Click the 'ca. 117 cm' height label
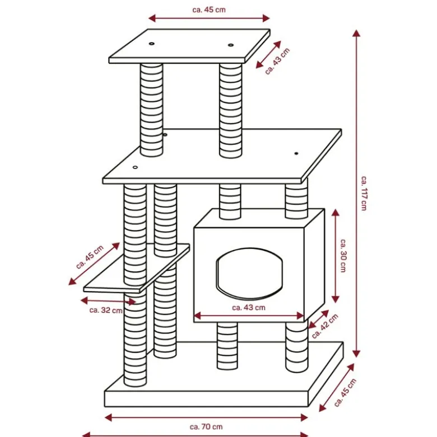click(x=364, y=193)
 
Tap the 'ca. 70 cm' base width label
click(x=206, y=427)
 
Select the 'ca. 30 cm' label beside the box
click(x=343, y=255)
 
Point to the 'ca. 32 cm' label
click(x=106, y=310)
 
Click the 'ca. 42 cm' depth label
click(x=325, y=326)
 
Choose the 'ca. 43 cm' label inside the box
click(x=249, y=307)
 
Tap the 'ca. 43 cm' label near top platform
click(x=277, y=62)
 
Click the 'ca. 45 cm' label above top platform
click(x=209, y=10)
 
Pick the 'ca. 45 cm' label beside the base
click(x=345, y=392)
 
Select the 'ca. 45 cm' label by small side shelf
click(x=90, y=257)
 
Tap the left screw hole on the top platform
click(x=151, y=44)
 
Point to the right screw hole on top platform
click(x=230, y=45)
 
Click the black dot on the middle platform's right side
click(x=296, y=153)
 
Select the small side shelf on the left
click(x=137, y=269)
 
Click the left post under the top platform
click(x=151, y=110)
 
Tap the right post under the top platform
click(x=230, y=110)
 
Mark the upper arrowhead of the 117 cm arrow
click(x=356, y=33)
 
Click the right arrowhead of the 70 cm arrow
click(x=304, y=417)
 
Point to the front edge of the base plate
click(x=206, y=399)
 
